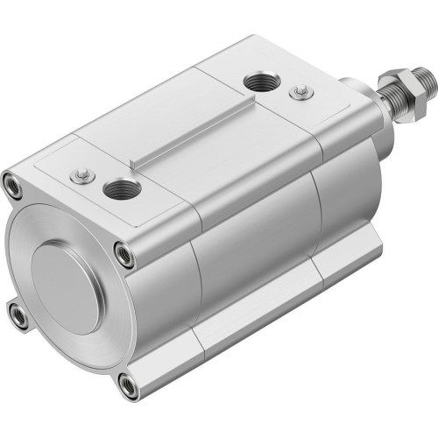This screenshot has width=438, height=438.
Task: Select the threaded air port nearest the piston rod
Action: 259,82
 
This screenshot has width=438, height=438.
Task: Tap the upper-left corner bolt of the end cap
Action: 13,185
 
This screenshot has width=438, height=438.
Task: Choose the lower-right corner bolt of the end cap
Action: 128,382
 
